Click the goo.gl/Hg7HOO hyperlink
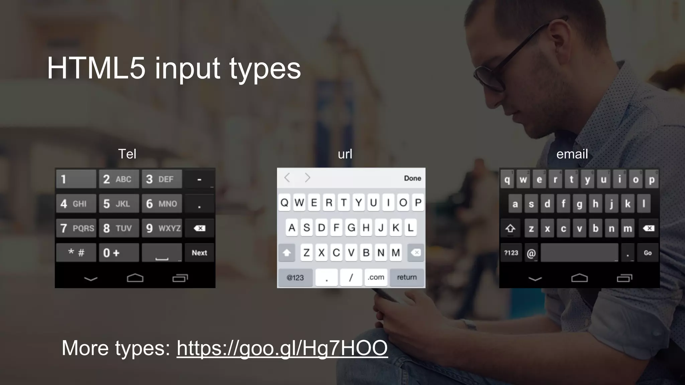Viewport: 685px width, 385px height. click(282, 348)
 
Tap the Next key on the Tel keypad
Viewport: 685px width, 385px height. click(199, 253)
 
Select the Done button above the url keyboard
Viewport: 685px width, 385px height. click(412, 178)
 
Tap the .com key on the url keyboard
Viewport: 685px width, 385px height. click(376, 277)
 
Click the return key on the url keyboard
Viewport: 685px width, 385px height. click(407, 277)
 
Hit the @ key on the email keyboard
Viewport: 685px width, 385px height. click(531, 253)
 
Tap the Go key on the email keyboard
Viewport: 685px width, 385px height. click(648, 253)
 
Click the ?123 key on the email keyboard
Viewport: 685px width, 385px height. click(511, 253)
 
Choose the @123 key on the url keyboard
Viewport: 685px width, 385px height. click(295, 277)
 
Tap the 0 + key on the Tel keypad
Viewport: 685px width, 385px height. click(118, 253)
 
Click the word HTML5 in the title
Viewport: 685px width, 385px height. click(96, 68)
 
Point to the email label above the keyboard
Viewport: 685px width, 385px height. click(572, 154)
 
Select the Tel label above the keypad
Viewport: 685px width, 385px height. click(127, 154)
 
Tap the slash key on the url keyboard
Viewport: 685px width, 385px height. click(351, 277)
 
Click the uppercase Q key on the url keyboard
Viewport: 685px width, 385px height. click(285, 203)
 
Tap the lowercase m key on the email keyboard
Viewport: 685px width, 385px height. click(627, 228)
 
